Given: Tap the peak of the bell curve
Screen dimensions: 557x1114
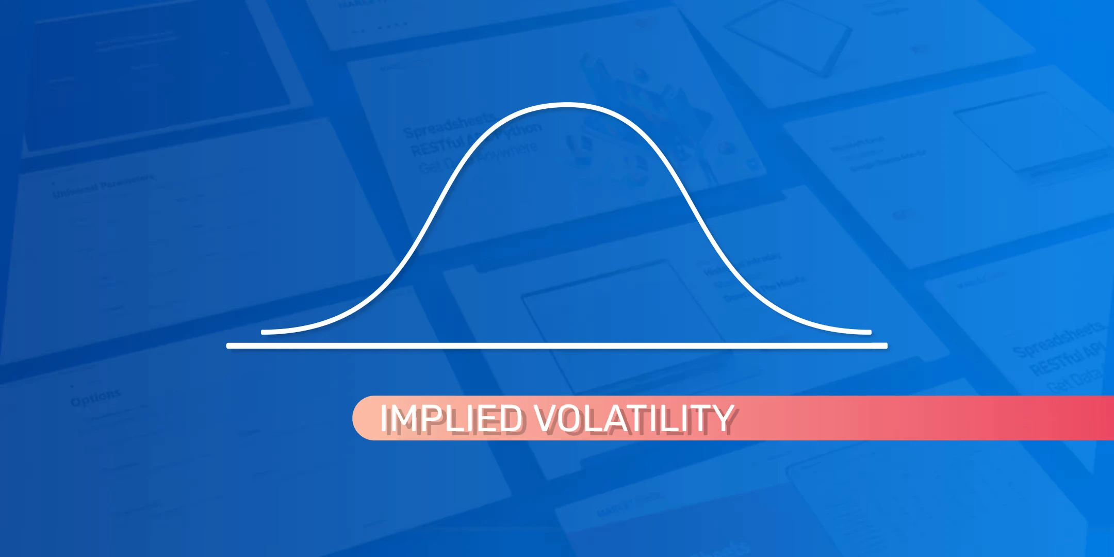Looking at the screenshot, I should [x=566, y=105].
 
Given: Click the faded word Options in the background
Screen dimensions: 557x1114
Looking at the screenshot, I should [x=96, y=398].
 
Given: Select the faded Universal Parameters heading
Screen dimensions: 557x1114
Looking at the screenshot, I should [x=103, y=186].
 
